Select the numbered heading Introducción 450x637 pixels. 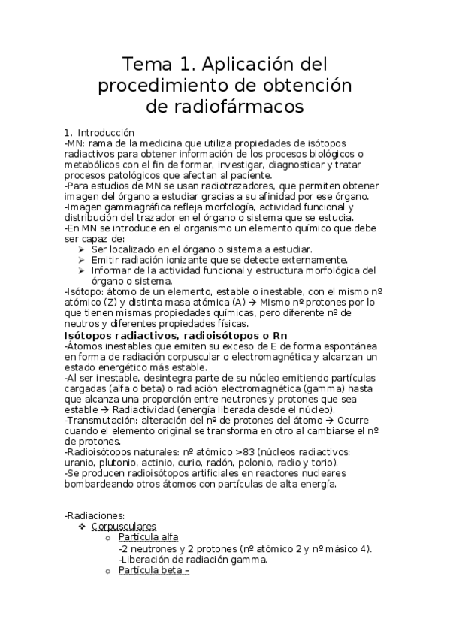pos(106,131)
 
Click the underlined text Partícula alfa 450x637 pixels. pos(148,537)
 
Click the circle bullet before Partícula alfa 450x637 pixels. pos(109,538)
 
